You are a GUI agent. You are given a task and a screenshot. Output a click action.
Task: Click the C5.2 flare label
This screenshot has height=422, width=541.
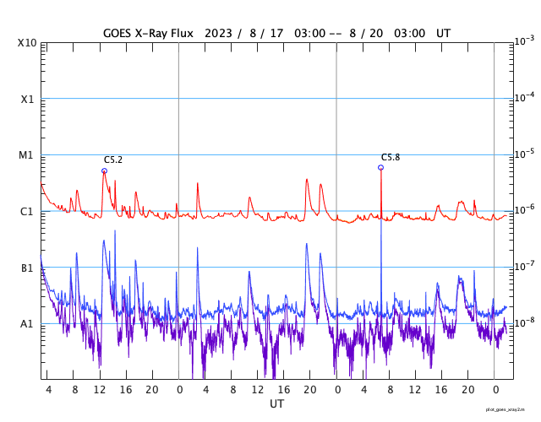113,160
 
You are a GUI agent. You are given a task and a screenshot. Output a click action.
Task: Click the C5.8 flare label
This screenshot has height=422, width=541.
391,157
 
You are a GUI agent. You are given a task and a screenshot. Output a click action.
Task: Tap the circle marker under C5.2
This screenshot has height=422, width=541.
104,170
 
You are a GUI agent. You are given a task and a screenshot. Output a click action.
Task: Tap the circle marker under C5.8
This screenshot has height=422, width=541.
380,167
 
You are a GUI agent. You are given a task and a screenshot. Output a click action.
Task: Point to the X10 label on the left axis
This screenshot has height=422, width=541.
27,43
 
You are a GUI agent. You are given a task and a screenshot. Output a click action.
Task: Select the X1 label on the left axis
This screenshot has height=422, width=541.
27,99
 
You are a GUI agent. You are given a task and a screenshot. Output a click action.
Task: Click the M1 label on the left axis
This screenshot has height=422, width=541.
27,155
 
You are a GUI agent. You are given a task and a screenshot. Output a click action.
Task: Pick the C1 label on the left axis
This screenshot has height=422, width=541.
27,211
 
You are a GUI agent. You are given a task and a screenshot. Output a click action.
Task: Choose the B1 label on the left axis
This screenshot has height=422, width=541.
27,268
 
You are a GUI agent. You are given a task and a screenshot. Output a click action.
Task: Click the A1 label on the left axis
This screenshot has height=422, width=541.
27,323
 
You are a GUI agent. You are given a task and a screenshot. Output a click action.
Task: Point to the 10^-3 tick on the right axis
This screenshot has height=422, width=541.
524,41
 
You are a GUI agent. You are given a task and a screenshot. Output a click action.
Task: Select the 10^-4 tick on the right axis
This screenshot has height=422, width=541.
524,97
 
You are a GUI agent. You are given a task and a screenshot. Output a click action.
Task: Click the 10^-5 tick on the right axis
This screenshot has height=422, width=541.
524,154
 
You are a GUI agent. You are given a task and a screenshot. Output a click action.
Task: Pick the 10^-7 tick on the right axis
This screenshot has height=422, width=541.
524,266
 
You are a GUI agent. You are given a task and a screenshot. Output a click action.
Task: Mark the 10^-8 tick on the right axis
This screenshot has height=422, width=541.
524,322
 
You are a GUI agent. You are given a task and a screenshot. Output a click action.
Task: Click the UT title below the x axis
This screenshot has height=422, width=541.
276,404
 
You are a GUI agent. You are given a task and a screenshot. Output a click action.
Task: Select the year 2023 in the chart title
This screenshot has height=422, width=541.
215,33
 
